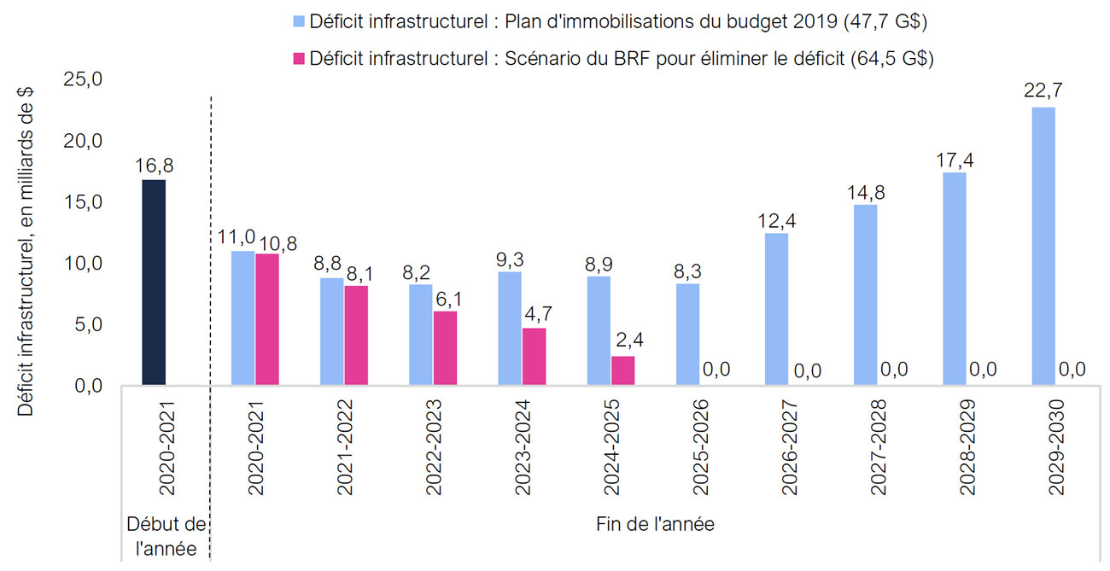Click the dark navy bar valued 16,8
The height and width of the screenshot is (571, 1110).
pyautogui.click(x=154, y=283)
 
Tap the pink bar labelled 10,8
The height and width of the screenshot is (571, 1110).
pyautogui.click(x=267, y=319)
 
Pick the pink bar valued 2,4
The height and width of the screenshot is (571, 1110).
pyautogui.click(x=622, y=370)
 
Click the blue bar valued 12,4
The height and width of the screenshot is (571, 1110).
pyautogui.click(x=776, y=309)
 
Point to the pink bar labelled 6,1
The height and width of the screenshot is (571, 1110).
pyautogui.click(x=445, y=348)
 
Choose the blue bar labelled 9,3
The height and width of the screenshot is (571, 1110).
pyautogui.click(x=510, y=329)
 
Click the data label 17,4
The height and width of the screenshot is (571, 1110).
pyautogui.click(x=955, y=160)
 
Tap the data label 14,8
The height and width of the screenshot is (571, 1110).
pyautogui.click(x=866, y=192)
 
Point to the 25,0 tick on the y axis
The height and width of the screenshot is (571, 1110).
pyautogui.click(x=84, y=80)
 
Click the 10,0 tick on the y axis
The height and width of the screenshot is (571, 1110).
pyautogui.click(x=84, y=264)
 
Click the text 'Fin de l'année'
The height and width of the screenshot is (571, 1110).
pyautogui.click(x=655, y=524)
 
